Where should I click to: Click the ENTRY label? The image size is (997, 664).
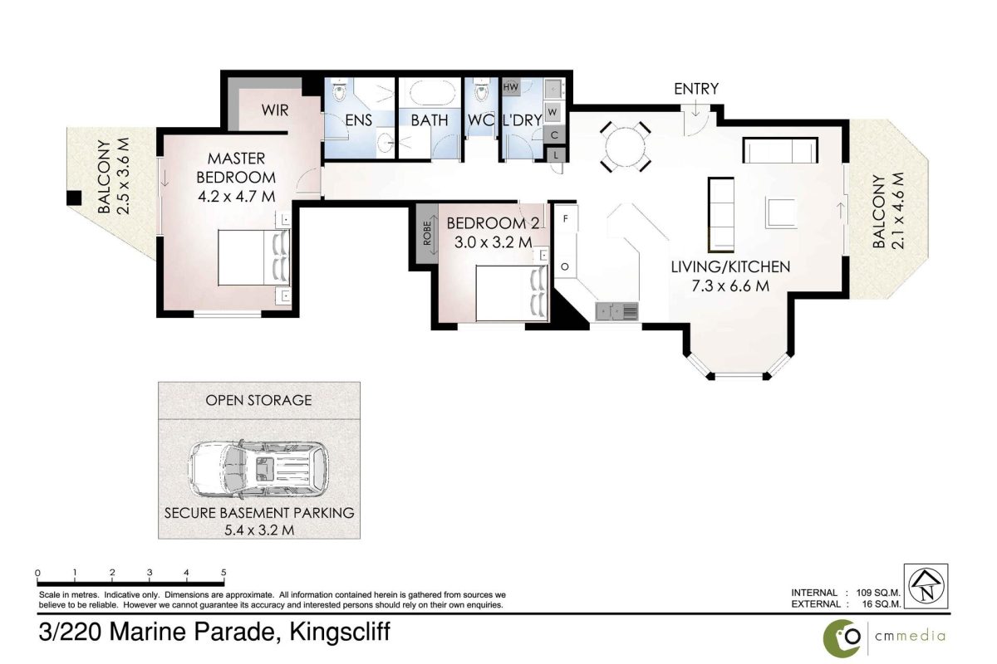(695, 89)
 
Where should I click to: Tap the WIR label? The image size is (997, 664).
(275, 110)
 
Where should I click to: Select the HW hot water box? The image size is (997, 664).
(510, 87)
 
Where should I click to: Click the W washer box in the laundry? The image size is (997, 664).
(553, 112)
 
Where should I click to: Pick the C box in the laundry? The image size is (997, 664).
(555, 134)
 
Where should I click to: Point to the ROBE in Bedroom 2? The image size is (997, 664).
(426, 233)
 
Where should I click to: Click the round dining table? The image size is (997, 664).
(625, 146)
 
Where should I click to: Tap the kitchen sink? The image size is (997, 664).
(616, 311)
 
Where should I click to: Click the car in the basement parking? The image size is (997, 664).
(259, 470)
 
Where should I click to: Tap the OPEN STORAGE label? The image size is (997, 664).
(258, 400)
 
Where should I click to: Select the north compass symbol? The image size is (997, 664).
(926, 586)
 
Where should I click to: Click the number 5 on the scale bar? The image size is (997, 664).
(223, 573)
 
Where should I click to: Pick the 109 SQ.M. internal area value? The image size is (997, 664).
(878, 593)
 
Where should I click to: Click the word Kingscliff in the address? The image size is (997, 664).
(340, 632)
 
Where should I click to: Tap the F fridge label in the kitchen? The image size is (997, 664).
(565, 218)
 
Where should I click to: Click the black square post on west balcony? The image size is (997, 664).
(74, 198)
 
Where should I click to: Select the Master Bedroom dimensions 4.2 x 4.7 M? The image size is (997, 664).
(236, 196)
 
